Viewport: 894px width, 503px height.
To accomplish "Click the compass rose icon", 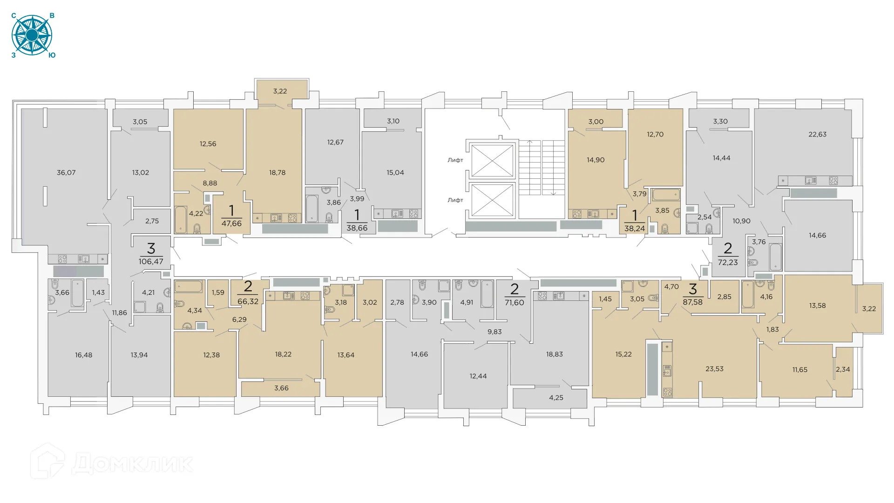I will tap(32, 35).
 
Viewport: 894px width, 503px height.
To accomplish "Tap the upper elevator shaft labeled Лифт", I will tap(492, 161).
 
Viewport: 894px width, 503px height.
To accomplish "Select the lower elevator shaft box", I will tap(492, 200).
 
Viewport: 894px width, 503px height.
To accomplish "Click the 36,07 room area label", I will tap(66, 172).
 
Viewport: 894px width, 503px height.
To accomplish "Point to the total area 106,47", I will tap(151, 261).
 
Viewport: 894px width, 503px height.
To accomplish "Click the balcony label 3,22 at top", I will tap(280, 91).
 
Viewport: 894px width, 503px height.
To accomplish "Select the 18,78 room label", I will tap(277, 172).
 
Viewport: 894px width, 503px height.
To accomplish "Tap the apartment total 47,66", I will tap(231, 224).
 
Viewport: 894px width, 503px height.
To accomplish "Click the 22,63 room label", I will tap(817, 134).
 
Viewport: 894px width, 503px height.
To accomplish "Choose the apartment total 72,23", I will tap(728, 262).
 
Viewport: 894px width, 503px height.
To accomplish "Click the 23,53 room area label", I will tap(714, 369).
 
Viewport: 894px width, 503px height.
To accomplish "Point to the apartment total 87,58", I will tap(692, 302).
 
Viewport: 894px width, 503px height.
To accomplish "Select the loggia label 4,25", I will tap(556, 398).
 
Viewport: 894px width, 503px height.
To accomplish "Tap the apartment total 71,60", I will tap(514, 302).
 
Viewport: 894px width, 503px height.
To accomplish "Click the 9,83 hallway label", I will tap(494, 332).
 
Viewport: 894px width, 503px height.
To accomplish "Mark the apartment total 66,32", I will tap(248, 301).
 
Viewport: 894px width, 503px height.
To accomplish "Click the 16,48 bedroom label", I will tap(83, 355).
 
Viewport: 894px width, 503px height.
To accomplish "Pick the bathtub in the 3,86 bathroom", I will tap(312, 208).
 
